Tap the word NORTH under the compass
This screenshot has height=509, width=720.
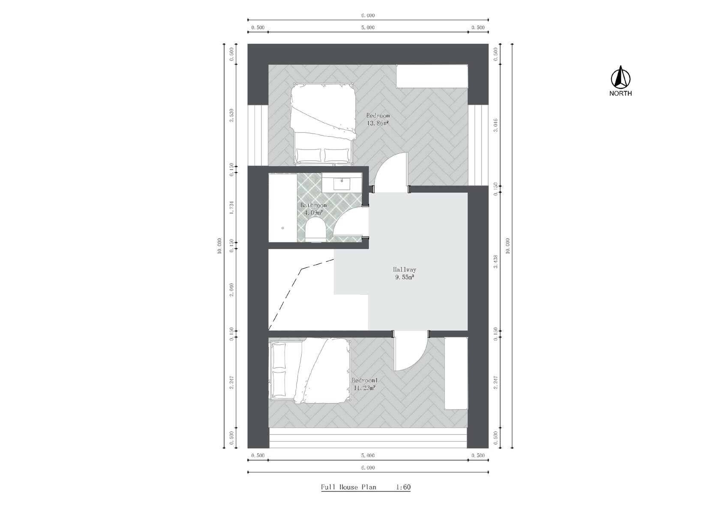pyautogui.click(x=621, y=93)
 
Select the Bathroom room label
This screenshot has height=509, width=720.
pyautogui.click(x=313, y=205)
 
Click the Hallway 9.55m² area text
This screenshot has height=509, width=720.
pyautogui.click(x=405, y=273)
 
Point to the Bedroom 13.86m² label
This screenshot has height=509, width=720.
pyautogui.click(x=378, y=119)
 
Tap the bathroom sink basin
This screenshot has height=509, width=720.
pyautogui.click(x=342, y=184)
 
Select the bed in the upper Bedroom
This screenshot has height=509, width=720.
pyautogui.click(x=323, y=124)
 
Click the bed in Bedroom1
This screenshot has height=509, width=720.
pyautogui.click(x=310, y=371)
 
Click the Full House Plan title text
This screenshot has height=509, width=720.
pyautogui.click(x=348, y=487)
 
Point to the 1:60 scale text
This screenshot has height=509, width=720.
pyautogui.click(x=403, y=487)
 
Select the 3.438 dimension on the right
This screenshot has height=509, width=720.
pyautogui.click(x=495, y=262)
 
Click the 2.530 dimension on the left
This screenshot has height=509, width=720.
pyautogui.click(x=231, y=115)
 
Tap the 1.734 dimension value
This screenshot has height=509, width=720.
pyautogui.click(x=231, y=208)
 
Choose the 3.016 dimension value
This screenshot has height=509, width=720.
pyautogui.click(x=495, y=125)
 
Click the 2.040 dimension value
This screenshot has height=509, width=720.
pyautogui.click(x=231, y=290)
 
